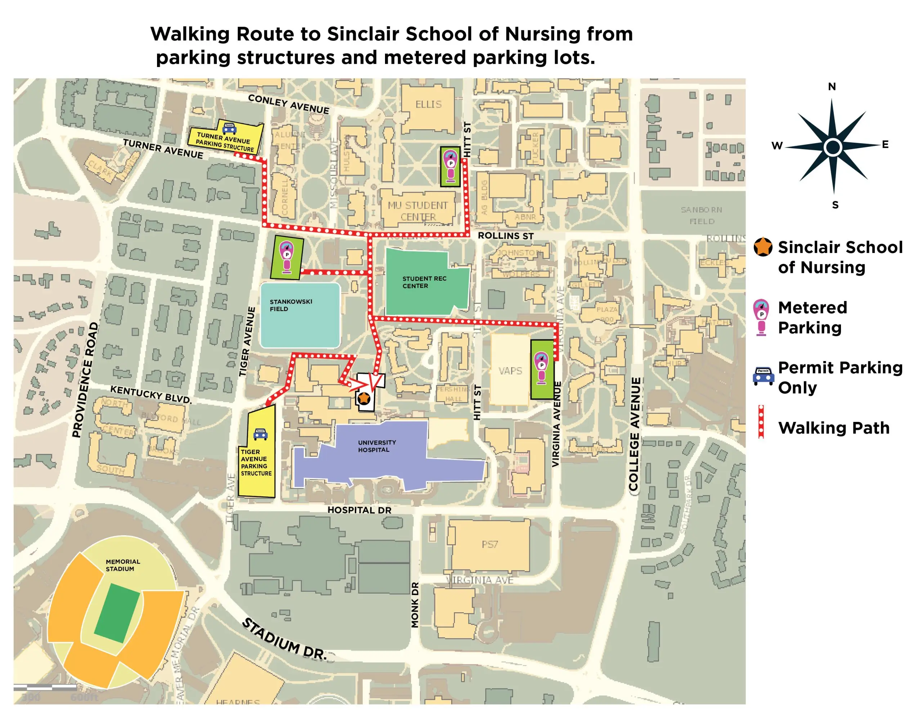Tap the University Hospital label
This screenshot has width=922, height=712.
(x=377, y=446)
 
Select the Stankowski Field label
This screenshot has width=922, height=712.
(x=291, y=305)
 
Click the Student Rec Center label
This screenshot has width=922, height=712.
(x=424, y=282)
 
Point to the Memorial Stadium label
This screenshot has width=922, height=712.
(x=122, y=565)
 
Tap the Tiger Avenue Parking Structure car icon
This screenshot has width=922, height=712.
(x=260, y=434)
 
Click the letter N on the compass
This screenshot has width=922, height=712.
(x=832, y=86)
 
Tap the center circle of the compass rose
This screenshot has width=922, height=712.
(x=833, y=147)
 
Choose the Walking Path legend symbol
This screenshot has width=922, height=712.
(x=761, y=422)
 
